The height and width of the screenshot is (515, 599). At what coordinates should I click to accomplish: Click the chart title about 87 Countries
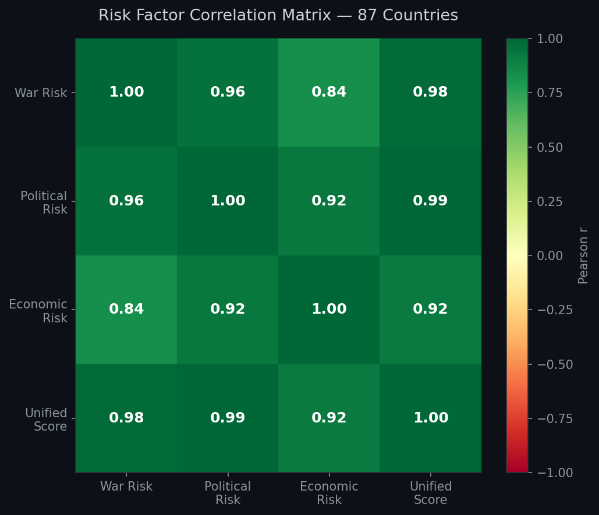point(278,16)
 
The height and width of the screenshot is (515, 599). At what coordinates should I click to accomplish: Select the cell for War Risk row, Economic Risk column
point(329,93)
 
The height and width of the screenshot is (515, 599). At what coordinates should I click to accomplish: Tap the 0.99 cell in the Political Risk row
point(430,201)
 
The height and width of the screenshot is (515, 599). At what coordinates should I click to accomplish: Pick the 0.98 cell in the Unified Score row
point(126,418)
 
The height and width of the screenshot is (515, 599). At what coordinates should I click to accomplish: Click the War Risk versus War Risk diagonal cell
point(126,93)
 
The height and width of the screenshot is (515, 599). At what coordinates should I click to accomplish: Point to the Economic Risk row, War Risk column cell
point(126,310)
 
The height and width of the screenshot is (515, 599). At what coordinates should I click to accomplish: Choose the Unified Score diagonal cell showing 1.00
point(430,418)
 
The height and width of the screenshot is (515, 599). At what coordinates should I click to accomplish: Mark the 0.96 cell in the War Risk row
point(228,93)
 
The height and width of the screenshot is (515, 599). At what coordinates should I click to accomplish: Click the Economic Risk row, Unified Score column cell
point(430,310)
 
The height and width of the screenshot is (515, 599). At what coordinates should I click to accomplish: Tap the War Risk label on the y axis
point(41,93)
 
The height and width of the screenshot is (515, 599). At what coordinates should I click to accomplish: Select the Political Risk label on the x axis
point(228,493)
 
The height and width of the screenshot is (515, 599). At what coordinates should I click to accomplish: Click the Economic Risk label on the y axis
point(38,311)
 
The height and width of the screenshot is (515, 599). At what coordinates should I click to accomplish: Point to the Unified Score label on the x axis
point(430,493)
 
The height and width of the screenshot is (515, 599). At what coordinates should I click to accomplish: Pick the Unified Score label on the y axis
point(46,420)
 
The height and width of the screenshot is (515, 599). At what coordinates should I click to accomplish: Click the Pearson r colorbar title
point(583,255)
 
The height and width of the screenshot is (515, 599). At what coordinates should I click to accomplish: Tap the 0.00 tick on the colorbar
point(550,255)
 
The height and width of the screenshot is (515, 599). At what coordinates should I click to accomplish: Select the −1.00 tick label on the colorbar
point(553,473)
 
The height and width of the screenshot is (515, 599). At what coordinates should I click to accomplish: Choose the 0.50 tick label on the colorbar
point(550,147)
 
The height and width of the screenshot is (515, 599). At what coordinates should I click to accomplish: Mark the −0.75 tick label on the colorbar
point(553,418)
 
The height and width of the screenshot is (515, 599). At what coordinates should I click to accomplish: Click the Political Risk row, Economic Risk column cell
point(329,201)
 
